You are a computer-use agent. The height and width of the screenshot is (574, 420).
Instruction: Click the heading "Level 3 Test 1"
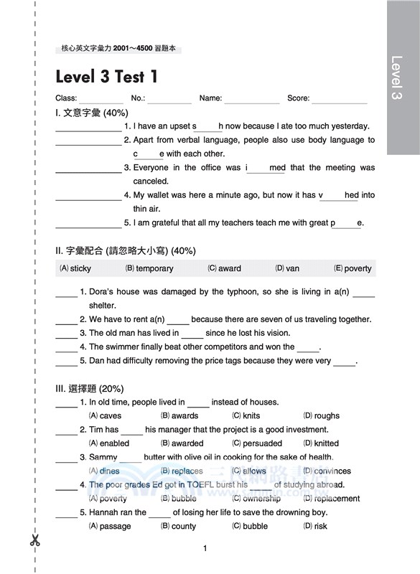tap(107, 76)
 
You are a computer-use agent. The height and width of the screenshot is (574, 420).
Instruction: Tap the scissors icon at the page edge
tap(34, 540)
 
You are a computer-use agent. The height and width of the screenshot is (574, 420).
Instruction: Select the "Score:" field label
tap(298, 98)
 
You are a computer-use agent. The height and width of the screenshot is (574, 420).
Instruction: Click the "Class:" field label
tap(66, 98)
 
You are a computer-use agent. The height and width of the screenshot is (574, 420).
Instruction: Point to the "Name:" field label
tap(210, 98)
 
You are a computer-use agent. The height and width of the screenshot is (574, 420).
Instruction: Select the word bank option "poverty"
tap(358, 268)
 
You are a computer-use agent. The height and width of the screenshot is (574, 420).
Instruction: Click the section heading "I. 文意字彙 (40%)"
tap(91, 113)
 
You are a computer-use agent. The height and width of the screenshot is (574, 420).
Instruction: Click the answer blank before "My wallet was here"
tap(88, 196)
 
